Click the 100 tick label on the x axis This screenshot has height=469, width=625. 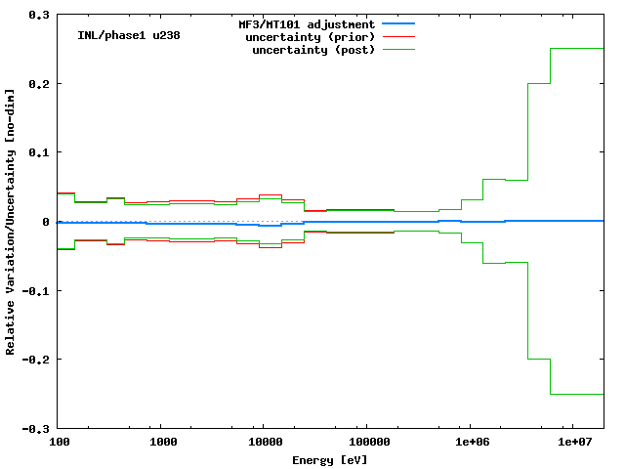tap(59, 443)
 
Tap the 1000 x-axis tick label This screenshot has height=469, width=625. tap(161, 443)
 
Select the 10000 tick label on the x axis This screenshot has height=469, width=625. tap(264, 443)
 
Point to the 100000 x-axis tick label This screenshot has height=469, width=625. tap(366, 443)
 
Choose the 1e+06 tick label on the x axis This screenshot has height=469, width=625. tap(469, 443)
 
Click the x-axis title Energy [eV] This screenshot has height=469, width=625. tap(330, 459)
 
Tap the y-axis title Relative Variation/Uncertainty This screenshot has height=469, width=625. tap(11, 222)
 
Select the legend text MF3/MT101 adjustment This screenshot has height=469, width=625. tap(307, 23)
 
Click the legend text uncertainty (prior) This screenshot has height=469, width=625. tap(313, 36)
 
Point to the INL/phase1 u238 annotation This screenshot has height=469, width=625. tap(128, 35)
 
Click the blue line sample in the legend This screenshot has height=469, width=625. tap(399, 23)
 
